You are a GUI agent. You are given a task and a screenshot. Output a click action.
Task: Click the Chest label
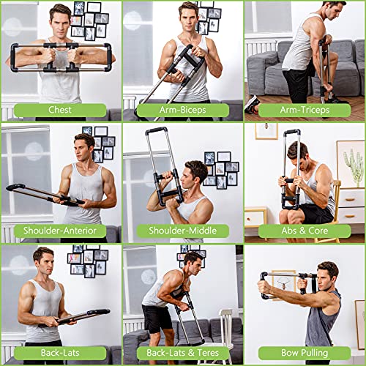[x=60, y=111]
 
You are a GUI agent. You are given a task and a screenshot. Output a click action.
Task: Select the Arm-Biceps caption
[x=182, y=111]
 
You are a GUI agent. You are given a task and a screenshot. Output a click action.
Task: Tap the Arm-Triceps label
[x=305, y=111]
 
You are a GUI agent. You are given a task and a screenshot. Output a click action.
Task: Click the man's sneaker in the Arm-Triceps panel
[x=253, y=103]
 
